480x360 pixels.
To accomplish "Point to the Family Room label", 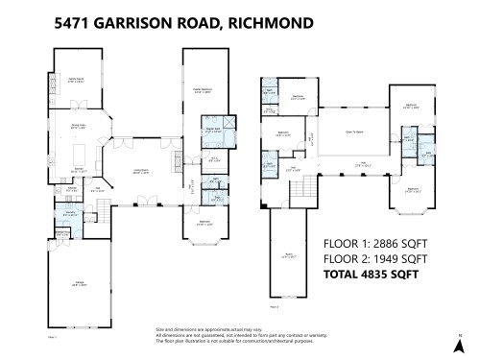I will (74, 80).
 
